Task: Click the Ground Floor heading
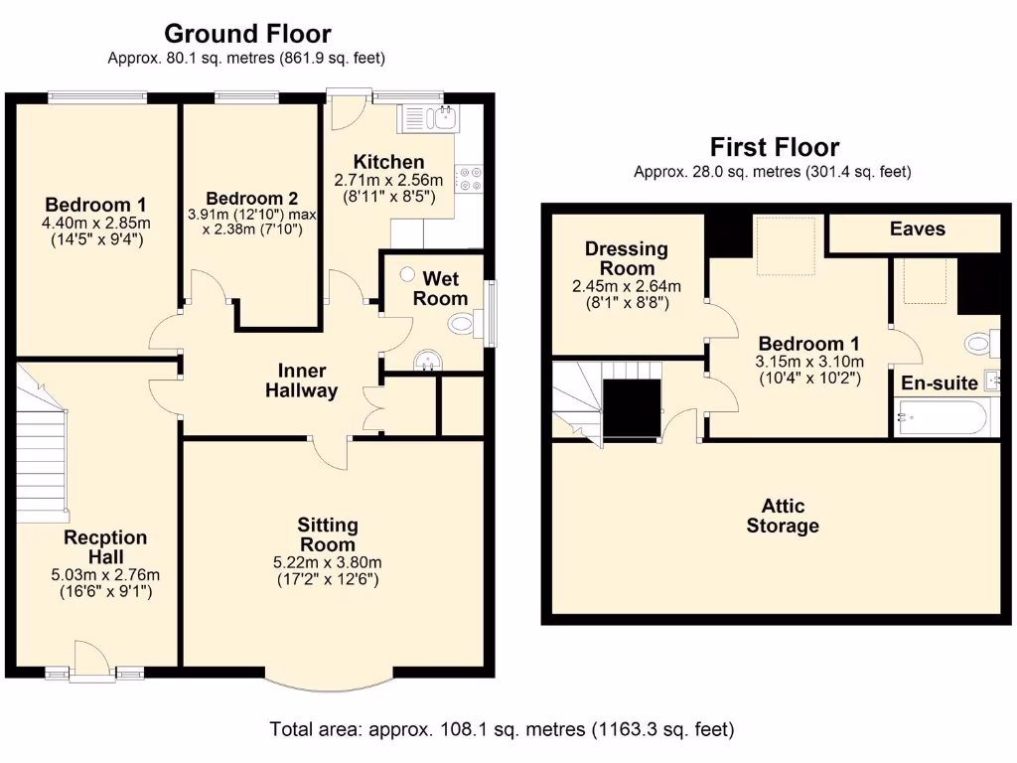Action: point(247,35)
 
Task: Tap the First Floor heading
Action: point(774,148)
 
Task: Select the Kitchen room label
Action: point(388,162)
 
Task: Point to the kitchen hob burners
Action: point(470,177)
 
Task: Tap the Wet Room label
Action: point(440,288)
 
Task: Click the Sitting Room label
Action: point(328,534)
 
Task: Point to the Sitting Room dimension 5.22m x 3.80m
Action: point(328,562)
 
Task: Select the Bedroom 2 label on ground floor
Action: point(245,198)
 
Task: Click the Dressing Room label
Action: point(626,258)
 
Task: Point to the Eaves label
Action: point(917,229)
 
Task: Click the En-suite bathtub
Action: point(941,417)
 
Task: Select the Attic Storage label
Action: point(783,516)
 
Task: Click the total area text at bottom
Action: point(502,730)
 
